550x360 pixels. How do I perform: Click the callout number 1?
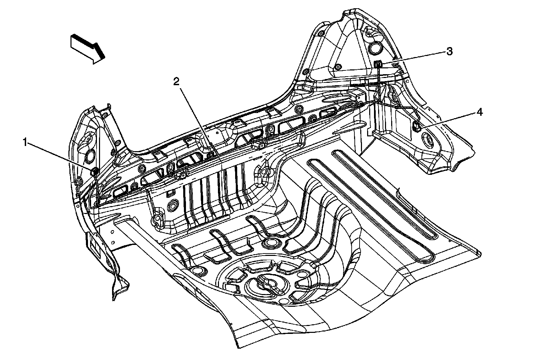click(25, 142)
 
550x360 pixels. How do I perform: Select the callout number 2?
click(176, 82)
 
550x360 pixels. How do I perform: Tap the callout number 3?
click(449, 52)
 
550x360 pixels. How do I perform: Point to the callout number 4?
click(478, 112)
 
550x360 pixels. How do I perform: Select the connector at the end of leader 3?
click(378, 63)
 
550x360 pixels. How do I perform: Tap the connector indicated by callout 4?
click(417, 127)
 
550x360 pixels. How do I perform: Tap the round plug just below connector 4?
click(428, 140)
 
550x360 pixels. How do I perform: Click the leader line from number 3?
click(412, 57)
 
